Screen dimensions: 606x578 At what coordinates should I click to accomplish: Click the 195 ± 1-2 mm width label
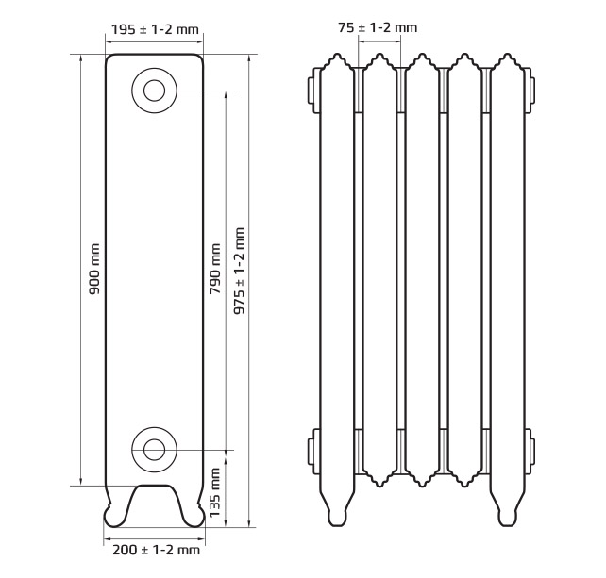tap(155, 29)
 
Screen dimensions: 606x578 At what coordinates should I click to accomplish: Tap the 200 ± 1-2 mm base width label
tap(156, 550)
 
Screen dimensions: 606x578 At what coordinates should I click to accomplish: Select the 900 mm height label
tap(93, 269)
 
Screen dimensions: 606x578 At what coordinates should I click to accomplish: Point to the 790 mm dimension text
tap(215, 269)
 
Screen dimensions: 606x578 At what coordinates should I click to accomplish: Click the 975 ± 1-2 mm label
tap(239, 271)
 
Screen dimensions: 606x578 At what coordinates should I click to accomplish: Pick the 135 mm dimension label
tap(215, 493)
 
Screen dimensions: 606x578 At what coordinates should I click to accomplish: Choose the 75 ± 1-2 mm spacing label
tap(378, 27)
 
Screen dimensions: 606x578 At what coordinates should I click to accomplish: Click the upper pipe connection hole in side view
tap(154, 91)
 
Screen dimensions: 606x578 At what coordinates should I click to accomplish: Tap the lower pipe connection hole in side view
tap(154, 450)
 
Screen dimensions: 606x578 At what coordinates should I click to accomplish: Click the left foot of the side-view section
tap(115, 515)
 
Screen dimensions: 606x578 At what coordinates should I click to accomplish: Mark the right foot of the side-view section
tap(193, 515)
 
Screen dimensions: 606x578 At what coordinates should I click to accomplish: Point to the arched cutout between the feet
tap(154, 486)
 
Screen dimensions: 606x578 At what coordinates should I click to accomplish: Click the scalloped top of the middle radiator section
tap(422, 61)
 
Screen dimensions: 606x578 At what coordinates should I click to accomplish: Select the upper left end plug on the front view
tap(313, 91)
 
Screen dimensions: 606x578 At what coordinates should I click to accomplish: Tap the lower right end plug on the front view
tap(530, 450)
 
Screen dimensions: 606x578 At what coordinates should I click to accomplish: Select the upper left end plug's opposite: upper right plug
tap(530, 91)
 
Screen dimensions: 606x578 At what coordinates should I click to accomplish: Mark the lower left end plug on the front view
tap(313, 451)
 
